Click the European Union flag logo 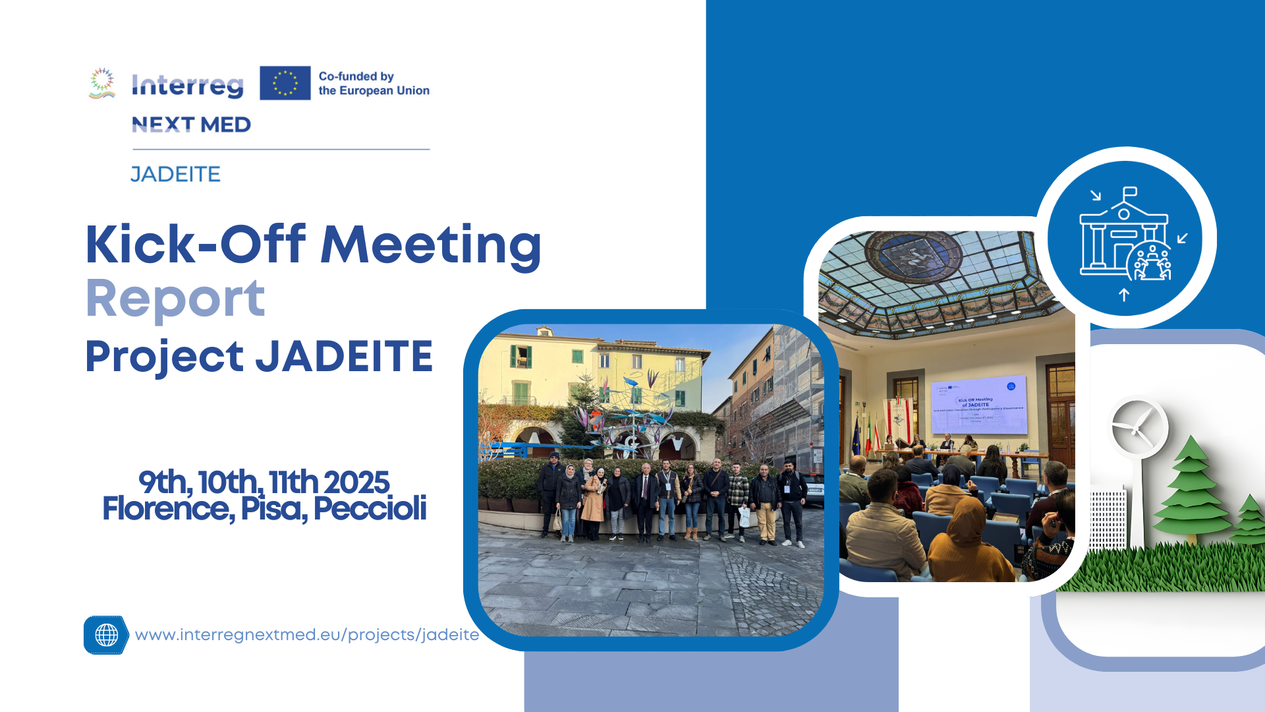point(285,83)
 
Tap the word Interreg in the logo point(188,85)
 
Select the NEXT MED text point(191,125)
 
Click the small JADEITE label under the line point(175,174)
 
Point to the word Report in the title point(175,299)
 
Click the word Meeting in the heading point(431,245)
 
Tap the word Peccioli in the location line point(370,508)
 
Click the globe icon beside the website point(106,635)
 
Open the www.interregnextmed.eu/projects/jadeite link point(307,635)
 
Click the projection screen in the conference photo point(979,404)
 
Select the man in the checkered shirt point(738,498)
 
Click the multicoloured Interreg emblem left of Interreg point(102,83)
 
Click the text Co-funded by point(356,76)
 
